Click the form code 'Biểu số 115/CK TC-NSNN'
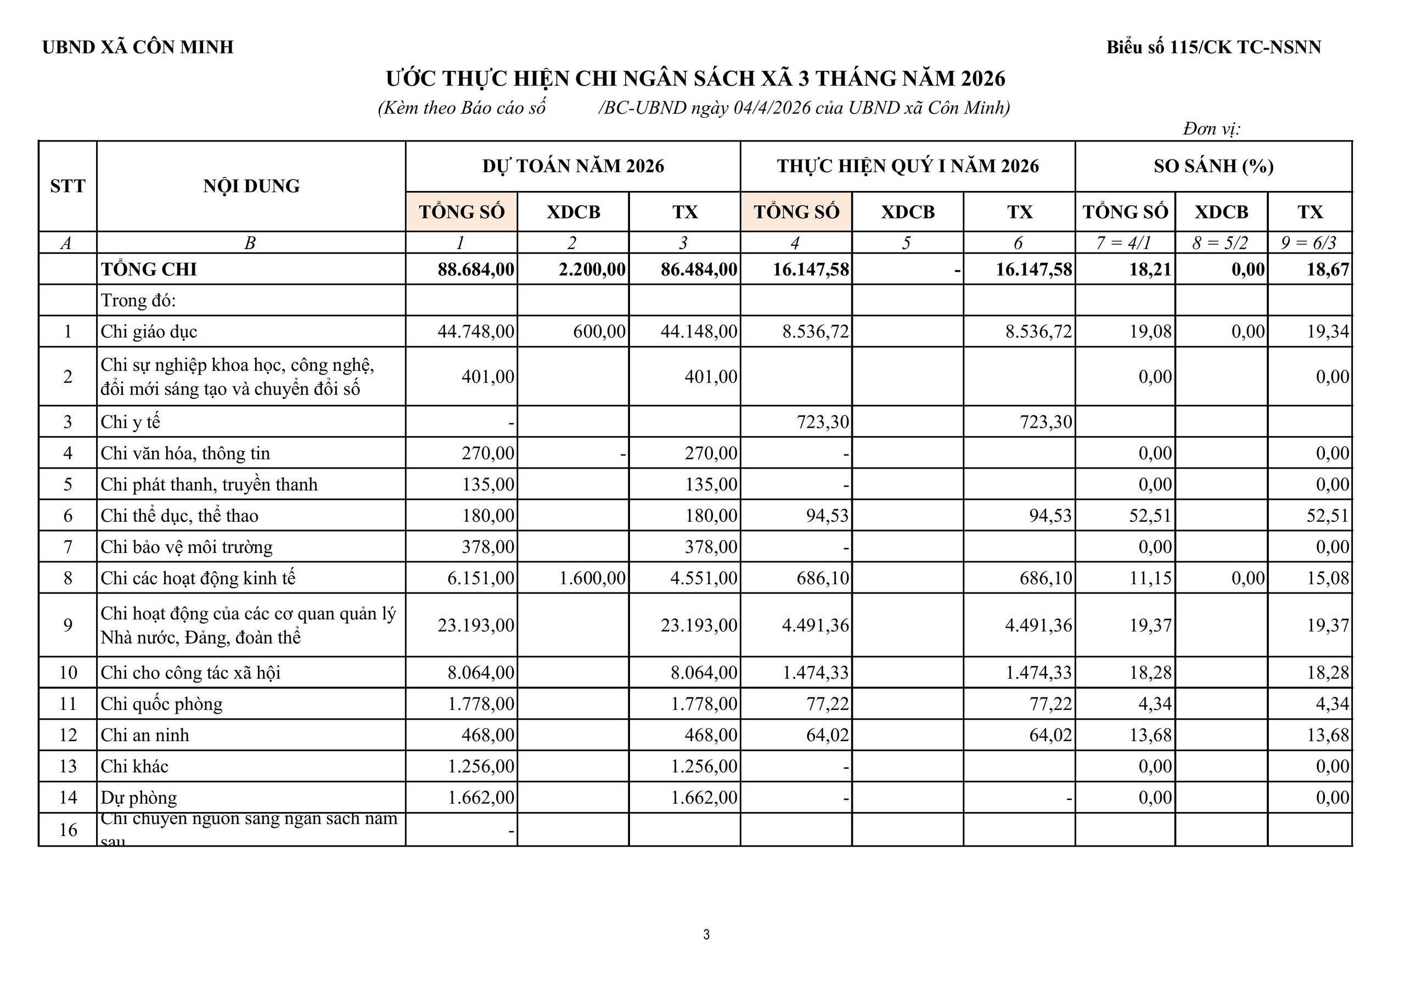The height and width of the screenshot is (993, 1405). coord(1213,47)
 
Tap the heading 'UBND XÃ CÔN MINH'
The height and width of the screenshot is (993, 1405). coord(138,47)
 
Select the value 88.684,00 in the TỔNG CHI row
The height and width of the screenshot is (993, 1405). coord(475,269)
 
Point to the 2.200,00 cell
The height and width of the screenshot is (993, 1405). coord(592,269)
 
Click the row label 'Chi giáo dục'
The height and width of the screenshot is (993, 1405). coord(149,331)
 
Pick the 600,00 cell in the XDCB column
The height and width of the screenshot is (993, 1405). coord(599,331)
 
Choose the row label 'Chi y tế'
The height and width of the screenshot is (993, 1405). coord(130,421)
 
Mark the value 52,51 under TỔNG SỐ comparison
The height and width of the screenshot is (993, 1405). coord(1150,516)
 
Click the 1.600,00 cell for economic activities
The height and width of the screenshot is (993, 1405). coord(592,578)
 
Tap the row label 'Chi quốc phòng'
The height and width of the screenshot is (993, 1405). coord(161,704)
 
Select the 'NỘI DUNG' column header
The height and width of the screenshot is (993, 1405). coord(251,186)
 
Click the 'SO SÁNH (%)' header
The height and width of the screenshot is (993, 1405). coord(1213,166)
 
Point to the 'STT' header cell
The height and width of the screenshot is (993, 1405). coord(68,186)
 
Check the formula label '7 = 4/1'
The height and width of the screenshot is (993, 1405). coord(1123,243)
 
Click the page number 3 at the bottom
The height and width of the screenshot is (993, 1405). coord(706,934)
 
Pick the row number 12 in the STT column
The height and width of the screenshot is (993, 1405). coord(68,735)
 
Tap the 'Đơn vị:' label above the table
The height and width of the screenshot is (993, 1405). coord(1211,129)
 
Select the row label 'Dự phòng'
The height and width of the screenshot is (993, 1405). coord(139,797)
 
